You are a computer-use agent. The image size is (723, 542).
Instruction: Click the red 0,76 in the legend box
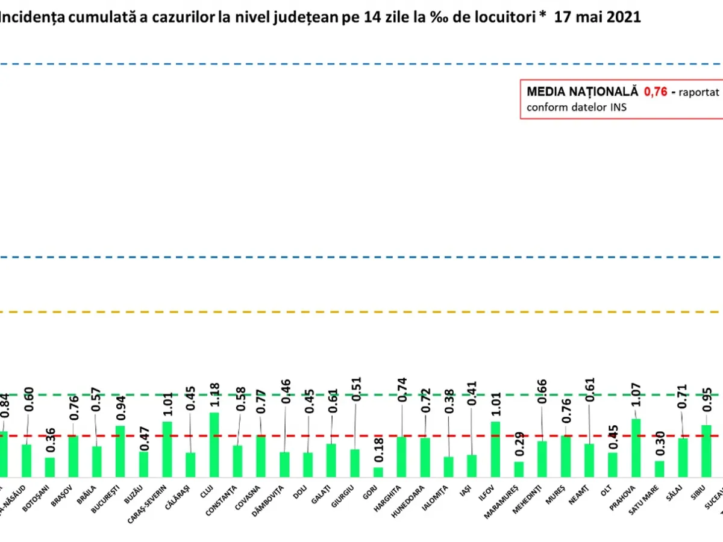pos(656,92)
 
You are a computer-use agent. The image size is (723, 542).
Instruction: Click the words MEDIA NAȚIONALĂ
pos(581,92)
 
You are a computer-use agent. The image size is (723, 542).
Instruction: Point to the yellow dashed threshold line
pos(361,312)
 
